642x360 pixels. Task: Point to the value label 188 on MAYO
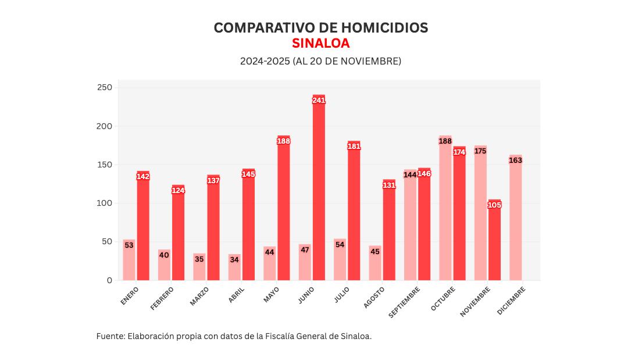(x=284, y=141)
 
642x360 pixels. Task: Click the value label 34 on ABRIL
(x=234, y=260)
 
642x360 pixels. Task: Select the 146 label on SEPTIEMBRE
(x=425, y=174)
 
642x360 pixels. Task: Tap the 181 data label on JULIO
(x=354, y=147)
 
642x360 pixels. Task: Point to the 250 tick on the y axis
(x=105, y=87)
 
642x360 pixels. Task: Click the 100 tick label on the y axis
(x=105, y=203)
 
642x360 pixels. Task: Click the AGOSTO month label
(x=374, y=297)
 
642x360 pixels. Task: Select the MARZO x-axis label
(x=199, y=295)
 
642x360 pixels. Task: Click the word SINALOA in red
(x=321, y=44)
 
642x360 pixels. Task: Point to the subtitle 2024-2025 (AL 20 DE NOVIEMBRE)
(x=320, y=61)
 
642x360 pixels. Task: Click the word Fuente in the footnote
(x=109, y=336)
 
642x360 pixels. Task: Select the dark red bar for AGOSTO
(x=389, y=233)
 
